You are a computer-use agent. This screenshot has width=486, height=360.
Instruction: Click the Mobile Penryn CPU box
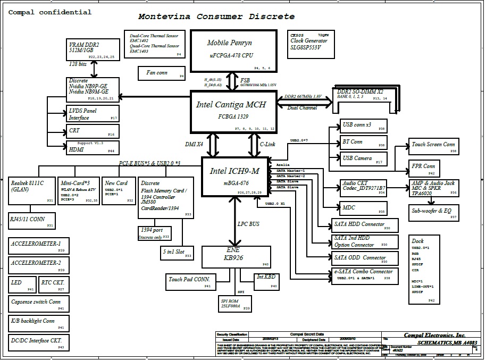tap(233, 51)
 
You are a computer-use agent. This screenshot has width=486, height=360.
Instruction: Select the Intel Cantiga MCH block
tap(233, 111)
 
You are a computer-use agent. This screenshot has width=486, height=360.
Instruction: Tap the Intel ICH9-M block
tap(234, 176)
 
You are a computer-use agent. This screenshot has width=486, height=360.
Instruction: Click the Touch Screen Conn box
tap(434, 145)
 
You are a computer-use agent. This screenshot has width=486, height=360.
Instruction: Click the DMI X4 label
tap(194, 144)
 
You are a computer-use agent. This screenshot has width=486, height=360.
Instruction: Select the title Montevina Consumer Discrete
tap(216, 16)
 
